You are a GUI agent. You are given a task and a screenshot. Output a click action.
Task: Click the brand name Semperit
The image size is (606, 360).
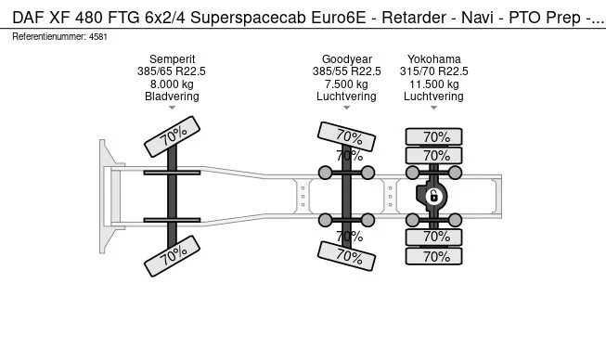[172, 59]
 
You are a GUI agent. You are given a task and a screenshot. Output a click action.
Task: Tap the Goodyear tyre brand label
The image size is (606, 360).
[347, 59]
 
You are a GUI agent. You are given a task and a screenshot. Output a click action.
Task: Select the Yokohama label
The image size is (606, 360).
[434, 59]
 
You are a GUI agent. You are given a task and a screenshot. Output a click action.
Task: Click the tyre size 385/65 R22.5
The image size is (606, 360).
[171, 71]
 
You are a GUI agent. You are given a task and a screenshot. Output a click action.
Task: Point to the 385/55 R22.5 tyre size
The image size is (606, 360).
[347, 71]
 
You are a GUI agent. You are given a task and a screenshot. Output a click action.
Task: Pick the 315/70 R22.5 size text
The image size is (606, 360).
[434, 71]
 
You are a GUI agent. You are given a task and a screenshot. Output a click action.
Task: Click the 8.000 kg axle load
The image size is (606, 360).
[172, 84]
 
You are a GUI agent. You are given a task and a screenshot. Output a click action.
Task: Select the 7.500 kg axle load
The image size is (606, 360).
[347, 84]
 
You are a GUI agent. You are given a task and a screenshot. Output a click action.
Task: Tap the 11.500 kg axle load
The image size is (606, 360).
[434, 84]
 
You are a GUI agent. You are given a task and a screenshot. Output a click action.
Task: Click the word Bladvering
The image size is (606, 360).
[172, 96]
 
